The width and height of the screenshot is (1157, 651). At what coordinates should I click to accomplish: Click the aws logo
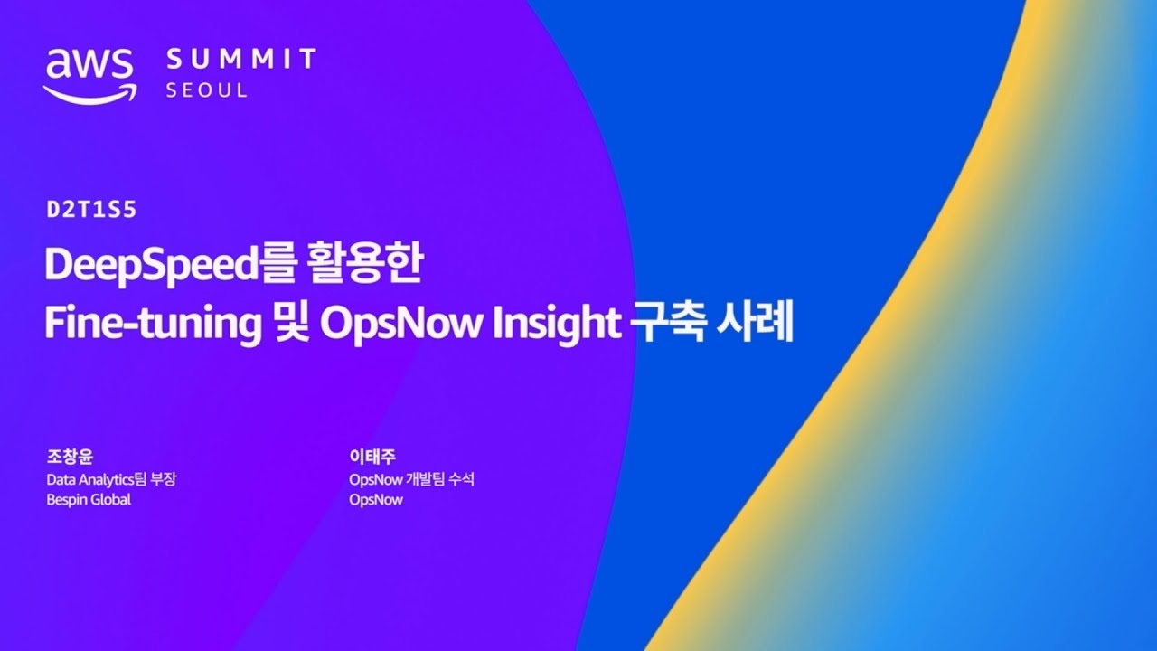tap(89, 72)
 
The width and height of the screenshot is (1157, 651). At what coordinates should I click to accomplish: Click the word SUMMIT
tap(241, 61)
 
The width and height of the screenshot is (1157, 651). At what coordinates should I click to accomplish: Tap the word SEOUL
tap(207, 90)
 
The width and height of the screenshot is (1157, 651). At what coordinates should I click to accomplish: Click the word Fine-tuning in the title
tap(147, 324)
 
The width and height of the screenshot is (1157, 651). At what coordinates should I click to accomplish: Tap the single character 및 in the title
tap(283, 324)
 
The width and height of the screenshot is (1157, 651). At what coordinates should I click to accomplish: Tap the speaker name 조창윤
tap(70, 458)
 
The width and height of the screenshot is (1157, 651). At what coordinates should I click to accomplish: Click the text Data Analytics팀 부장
tap(110, 479)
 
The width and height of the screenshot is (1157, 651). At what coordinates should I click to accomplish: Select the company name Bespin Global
tap(89, 499)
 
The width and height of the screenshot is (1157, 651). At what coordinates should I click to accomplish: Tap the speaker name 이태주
tap(374, 458)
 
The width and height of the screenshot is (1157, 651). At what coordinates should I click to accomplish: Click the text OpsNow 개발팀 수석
tap(411, 479)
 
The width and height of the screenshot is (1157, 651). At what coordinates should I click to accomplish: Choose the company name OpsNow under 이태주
tap(376, 499)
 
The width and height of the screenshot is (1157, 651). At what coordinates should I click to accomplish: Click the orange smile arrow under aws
tap(89, 92)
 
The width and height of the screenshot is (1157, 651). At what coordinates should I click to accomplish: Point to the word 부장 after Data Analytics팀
tap(162, 479)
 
